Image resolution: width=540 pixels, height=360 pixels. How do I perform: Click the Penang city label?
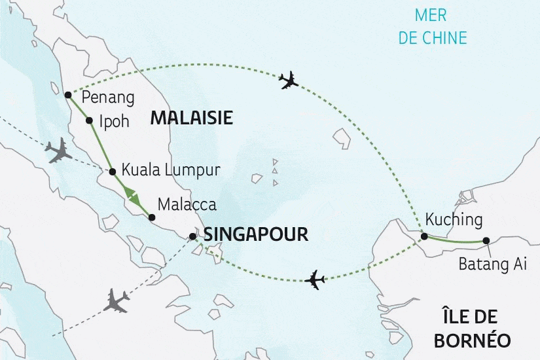coord(108,99)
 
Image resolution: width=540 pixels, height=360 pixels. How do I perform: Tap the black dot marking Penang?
coord(68,94)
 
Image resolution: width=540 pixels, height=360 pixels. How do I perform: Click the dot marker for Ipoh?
coord(89,120)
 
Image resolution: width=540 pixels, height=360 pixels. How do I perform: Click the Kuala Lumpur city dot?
coord(112,171)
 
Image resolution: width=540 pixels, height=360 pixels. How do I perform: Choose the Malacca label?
coord(187,204)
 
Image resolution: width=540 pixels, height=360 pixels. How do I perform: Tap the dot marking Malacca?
coord(152,217)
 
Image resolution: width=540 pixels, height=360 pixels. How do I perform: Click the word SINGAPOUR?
coord(256,235)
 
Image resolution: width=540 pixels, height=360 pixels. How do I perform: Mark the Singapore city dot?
coord(192,236)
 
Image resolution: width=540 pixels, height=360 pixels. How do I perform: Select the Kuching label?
coord(454,219)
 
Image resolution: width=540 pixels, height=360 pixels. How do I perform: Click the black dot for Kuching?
coord(424,236)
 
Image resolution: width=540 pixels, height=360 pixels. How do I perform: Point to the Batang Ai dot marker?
coord(486,241)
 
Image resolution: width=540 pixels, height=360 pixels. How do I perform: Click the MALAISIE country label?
coord(191,118)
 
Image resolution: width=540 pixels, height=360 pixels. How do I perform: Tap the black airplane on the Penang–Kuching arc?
coord(288,81)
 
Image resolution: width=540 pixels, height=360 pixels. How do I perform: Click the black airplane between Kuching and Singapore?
coord(315,279)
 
